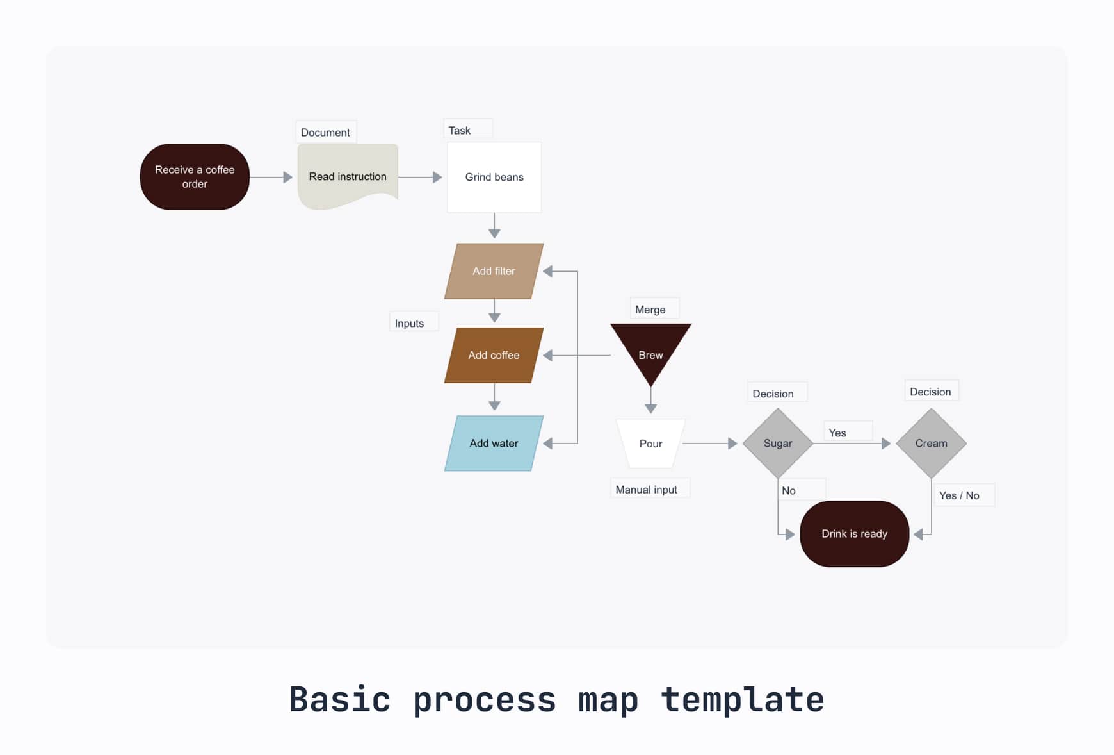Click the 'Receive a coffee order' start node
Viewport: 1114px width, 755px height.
coord(195,177)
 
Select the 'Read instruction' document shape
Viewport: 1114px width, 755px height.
coord(348,176)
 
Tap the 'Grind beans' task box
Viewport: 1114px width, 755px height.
coord(494,177)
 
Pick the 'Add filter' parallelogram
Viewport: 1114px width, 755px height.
coord(494,271)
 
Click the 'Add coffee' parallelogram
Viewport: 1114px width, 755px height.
coord(494,355)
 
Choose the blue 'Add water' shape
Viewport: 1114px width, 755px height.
coord(494,444)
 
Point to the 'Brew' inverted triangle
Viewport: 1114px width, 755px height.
coord(650,350)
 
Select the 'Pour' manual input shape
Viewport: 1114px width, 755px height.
coord(650,444)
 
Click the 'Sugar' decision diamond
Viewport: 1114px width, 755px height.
coord(777,444)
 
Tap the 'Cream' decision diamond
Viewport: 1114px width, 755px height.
coord(931,444)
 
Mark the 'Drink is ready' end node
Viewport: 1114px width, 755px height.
coord(854,534)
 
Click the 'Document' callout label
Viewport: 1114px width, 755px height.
coord(325,133)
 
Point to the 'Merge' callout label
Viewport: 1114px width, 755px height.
coord(650,310)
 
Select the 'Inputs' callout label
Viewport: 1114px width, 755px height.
coord(410,324)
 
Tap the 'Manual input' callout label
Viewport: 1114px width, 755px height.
coord(647,490)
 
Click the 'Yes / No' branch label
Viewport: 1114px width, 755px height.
coord(959,495)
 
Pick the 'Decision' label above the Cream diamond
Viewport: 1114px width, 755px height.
coord(930,392)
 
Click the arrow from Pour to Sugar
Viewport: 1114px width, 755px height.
coord(709,444)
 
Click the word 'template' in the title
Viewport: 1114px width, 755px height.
coord(742,699)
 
